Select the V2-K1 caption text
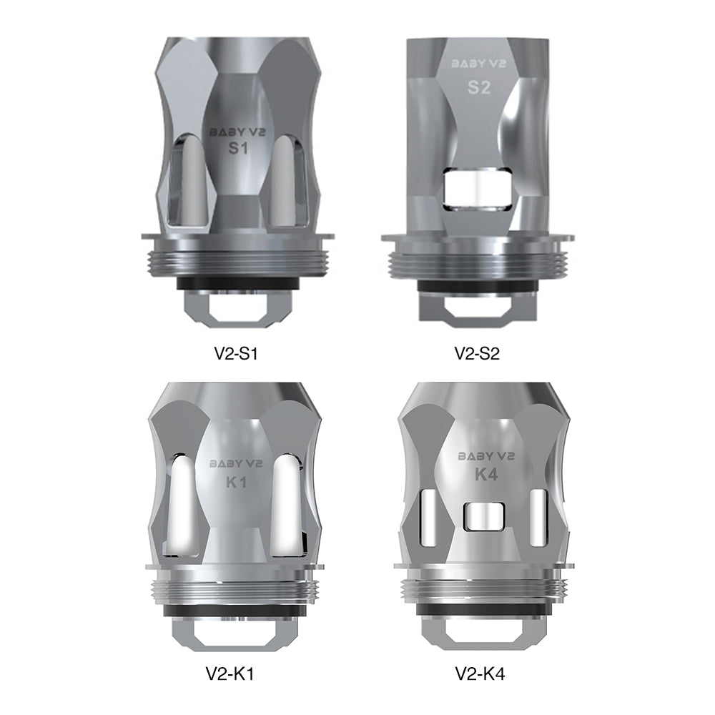click(x=230, y=674)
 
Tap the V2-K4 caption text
click(x=480, y=674)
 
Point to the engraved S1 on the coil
click(x=238, y=149)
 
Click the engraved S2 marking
click(x=479, y=87)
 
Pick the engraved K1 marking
click(x=236, y=481)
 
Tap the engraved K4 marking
click(x=486, y=475)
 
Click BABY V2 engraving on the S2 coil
click(x=479, y=64)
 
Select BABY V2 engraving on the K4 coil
click(x=486, y=456)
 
